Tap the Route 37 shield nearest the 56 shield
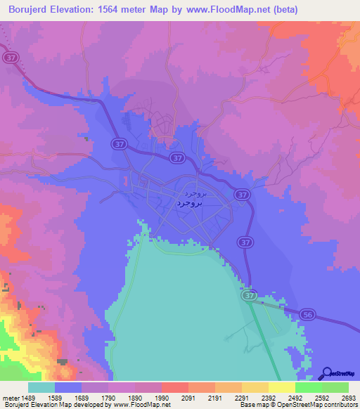pyautogui.click(x=250, y=297)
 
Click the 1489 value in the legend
pyautogui.click(x=28, y=397)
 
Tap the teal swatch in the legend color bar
pyautogui.click(x=41, y=387)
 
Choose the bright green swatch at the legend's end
pyautogui.click(x=335, y=387)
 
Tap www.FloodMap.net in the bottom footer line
pyautogui.click(x=143, y=405)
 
